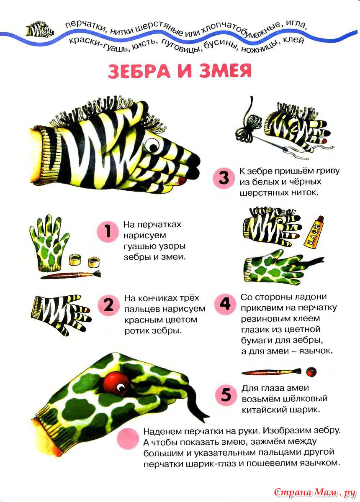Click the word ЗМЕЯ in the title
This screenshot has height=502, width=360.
click(x=226, y=70)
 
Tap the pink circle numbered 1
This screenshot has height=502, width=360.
click(x=108, y=232)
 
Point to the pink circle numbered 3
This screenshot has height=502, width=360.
click(x=224, y=178)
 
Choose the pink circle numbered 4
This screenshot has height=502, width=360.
click(x=225, y=304)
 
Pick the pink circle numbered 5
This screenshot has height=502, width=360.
click(x=226, y=395)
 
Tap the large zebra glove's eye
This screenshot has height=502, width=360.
click(x=152, y=146)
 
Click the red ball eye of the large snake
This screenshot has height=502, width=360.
click(x=116, y=384)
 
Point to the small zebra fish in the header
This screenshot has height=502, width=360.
click(x=40, y=30)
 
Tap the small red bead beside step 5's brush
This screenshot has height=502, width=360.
click(x=311, y=372)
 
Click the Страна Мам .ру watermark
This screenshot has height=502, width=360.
click(x=315, y=492)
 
